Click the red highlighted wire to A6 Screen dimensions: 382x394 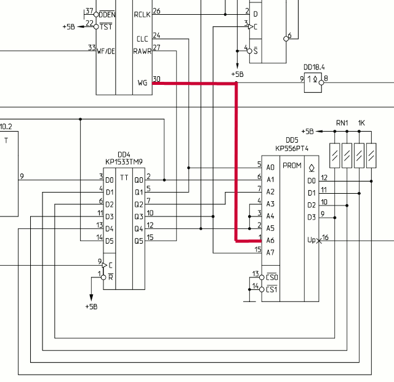coord(236,160)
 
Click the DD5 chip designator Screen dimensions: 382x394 coord(292,140)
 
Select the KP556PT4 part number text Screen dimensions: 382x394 coord(292,148)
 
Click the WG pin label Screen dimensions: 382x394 coord(142,82)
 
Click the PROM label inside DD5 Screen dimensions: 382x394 coord(291,165)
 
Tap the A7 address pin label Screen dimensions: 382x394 coord(270,252)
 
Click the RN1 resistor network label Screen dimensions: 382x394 coord(342,122)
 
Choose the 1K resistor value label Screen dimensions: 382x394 coord(362,122)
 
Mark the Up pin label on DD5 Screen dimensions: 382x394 coord(312,240)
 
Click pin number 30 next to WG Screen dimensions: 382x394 coord(156,79)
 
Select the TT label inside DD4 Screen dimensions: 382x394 coord(124,178)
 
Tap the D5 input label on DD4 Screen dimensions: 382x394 coord(109,240)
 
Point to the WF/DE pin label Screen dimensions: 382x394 coord(106,51)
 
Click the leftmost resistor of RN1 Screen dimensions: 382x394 coord(335,155)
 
